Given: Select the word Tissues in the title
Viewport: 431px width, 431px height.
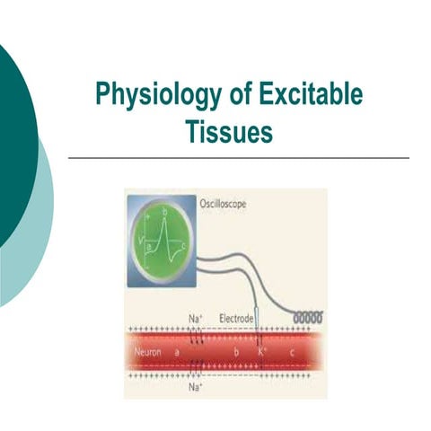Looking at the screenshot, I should [x=228, y=130].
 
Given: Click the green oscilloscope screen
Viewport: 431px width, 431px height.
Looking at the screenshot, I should [x=161, y=238].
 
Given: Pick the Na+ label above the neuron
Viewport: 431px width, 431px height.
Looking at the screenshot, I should [x=194, y=319].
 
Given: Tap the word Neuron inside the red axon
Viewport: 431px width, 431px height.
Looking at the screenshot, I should [x=147, y=353].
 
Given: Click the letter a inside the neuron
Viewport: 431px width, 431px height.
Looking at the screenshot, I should [x=177, y=353].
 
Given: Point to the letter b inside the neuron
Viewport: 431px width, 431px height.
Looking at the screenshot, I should [x=236, y=353].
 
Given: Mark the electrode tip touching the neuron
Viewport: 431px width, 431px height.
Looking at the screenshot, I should [x=259, y=334].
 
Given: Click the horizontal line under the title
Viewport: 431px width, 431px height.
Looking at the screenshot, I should [x=238, y=157].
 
